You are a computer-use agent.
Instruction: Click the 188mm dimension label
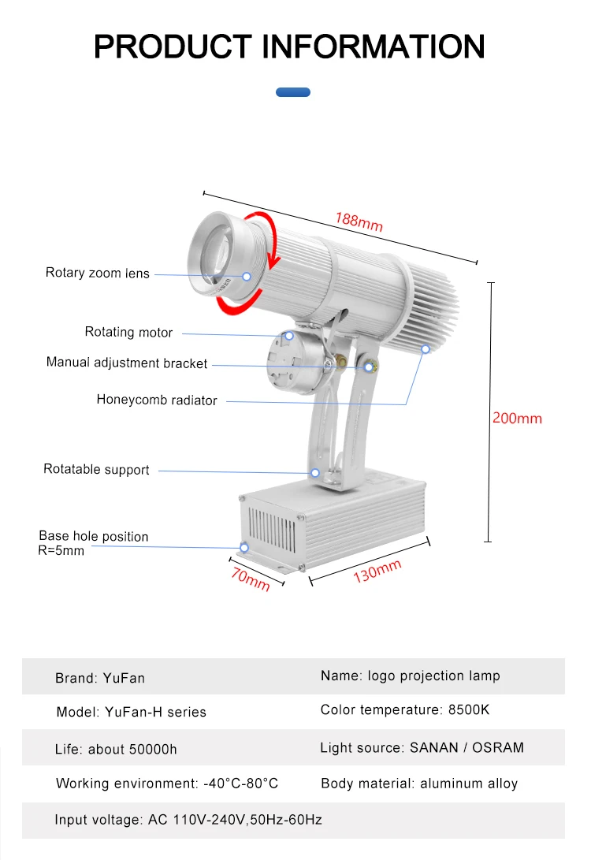(x=359, y=222)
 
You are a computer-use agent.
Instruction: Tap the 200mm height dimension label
(x=517, y=418)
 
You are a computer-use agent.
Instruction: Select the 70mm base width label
(x=251, y=579)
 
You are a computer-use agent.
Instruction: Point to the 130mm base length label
(x=377, y=571)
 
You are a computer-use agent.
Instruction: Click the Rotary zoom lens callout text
(x=97, y=273)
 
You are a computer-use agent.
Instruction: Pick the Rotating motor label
(x=128, y=332)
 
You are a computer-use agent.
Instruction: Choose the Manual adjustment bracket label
(x=127, y=363)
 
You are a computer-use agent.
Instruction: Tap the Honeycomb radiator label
(x=157, y=400)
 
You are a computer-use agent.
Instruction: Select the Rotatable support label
(x=96, y=469)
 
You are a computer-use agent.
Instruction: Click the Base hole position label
(x=93, y=537)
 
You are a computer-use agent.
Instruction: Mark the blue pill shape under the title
(x=293, y=92)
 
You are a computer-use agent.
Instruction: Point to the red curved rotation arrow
(x=268, y=240)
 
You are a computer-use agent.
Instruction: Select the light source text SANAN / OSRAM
(x=466, y=746)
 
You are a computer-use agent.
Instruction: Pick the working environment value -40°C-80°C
(x=240, y=784)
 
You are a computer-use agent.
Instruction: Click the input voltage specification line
(x=188, y=820)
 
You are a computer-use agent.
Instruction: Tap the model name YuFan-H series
(x=155, y=712)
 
